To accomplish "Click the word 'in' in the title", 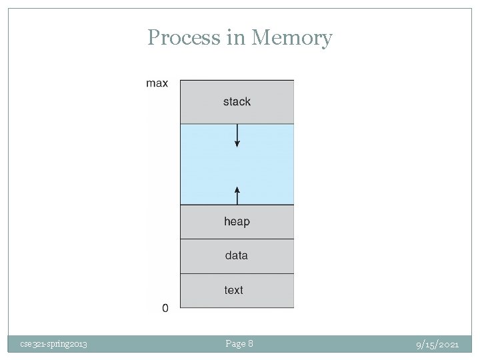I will pos(237,37).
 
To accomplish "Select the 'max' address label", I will pos(157,83).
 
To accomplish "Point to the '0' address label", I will pos(165,308).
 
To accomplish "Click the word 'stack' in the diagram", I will pos(237,101).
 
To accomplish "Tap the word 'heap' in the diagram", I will pos(237,221).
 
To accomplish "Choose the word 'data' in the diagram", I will pos(237,255).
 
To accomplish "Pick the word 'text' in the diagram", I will pos(234,290).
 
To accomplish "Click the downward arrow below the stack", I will pos(237,136).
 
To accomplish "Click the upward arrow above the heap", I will pos(237,195).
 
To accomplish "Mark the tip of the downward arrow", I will pos(237,146).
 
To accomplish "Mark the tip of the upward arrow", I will pos(237,187).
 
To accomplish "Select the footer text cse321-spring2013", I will pos(53,344).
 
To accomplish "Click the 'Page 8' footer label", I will pos(239,343).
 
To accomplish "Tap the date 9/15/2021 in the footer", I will pos(437,344).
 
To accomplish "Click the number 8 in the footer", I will pos(250,343).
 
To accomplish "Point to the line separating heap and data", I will pos(237,239).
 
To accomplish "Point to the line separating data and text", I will pos(237,273).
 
